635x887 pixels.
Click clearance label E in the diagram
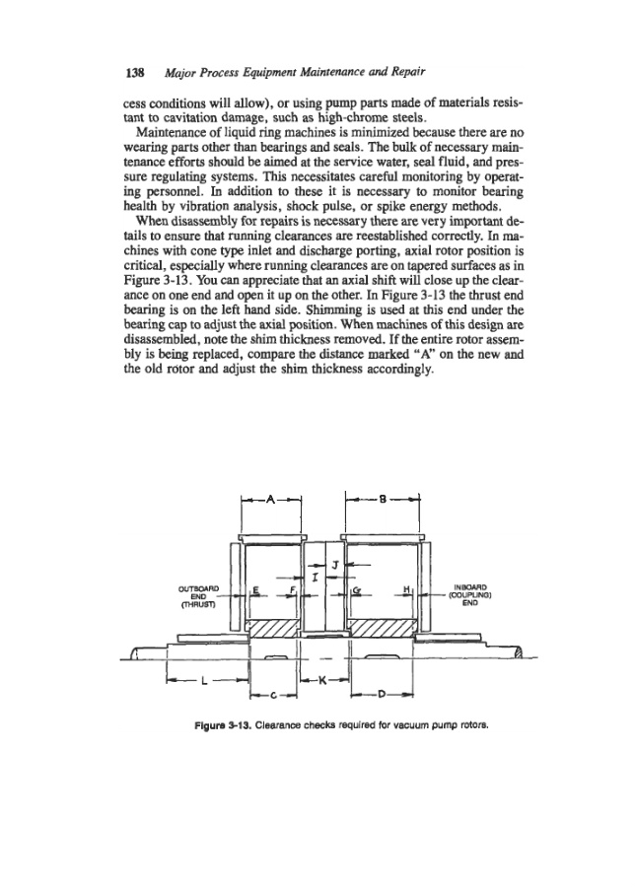[256, 592]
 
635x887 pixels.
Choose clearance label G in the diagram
[356, 592]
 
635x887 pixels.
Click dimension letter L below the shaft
[203, 680]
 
